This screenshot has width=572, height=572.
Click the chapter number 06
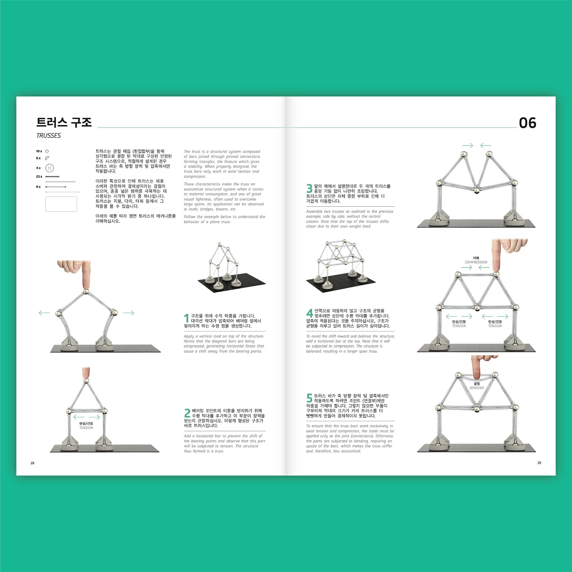(527, 123)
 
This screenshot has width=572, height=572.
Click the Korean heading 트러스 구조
(64, 122)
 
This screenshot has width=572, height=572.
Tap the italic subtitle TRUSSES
(48, 135)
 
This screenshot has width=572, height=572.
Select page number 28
(33, 463)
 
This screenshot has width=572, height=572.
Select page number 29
(539, 463)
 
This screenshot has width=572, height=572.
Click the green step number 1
(186, 319)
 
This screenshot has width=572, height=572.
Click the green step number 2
(187, 413)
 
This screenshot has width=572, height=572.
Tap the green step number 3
(309, 189)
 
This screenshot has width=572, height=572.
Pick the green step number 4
(309, 313)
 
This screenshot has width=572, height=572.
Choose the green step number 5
(309, 398)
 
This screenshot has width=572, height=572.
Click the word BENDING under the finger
(477, 388)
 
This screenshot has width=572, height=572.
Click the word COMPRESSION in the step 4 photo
(476, 262)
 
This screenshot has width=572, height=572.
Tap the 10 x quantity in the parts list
(39, 151)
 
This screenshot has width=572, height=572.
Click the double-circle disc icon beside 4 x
(49, 168)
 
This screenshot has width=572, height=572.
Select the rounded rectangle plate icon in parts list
(61, 204)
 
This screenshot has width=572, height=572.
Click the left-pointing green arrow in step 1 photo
(44, 313)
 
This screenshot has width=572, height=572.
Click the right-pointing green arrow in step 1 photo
(128, 313)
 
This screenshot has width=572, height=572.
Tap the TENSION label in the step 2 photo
(86, 428)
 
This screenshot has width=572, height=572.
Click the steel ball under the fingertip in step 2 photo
(86, 380)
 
